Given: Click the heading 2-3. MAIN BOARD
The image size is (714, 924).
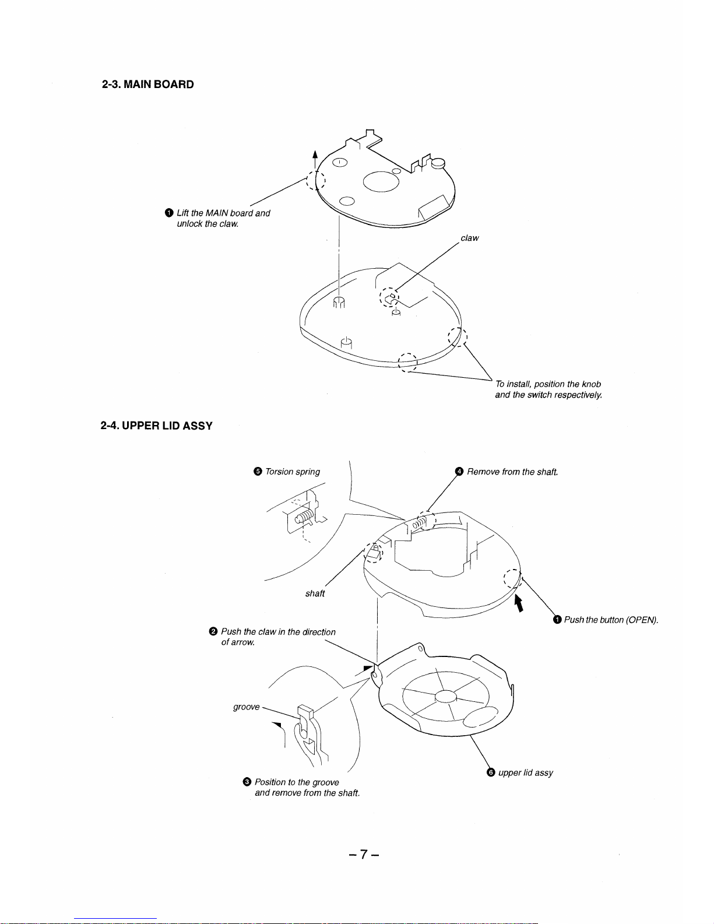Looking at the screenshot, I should click(147, 84).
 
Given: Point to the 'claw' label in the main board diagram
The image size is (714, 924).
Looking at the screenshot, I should click(469, 238).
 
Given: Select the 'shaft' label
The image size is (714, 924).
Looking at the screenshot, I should click(315, 593).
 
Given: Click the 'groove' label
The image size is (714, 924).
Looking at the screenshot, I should click(246, 707).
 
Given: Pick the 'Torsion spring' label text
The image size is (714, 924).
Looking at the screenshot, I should click(292, 472).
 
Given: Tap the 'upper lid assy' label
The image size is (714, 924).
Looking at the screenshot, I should click(525, 772).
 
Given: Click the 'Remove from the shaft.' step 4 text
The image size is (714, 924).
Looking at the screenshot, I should click(512, 472).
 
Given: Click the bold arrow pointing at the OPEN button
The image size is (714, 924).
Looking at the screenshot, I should click(519, 602).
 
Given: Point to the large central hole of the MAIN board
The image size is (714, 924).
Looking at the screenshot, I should click(381, 181).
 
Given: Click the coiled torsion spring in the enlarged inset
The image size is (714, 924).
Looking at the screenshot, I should click(303, 517).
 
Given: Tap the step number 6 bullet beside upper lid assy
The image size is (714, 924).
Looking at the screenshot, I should click(490, 772).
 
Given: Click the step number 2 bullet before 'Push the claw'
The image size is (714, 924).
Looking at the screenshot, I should click(213, 632).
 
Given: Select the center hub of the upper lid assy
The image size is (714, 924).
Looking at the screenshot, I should click(445, 696).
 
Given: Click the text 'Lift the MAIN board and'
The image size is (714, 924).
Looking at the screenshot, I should click(223, 213).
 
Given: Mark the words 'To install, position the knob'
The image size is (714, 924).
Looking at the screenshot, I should click(547, 384).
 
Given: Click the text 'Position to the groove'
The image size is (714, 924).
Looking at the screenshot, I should click(297, 782).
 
